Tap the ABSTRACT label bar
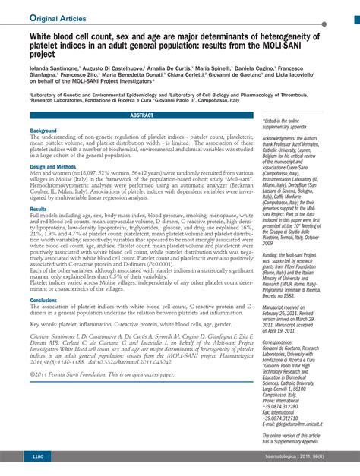pos(141,115)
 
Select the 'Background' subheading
pos(43,131)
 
